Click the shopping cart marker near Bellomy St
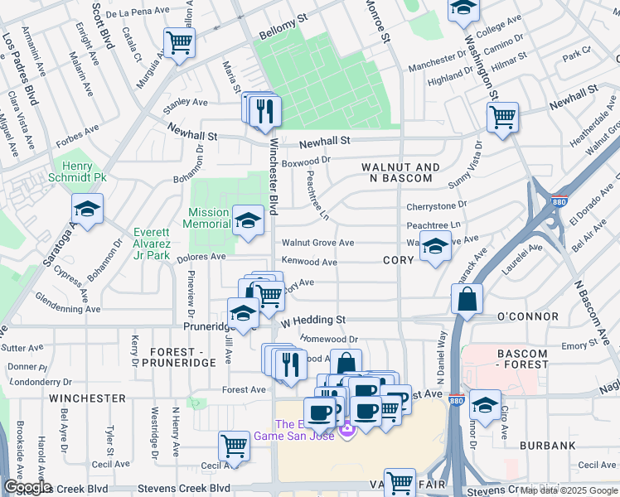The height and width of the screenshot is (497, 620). pos(179,42)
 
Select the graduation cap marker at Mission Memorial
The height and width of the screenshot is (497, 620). pos(246,220)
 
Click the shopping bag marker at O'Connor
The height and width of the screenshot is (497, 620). pos(467,299)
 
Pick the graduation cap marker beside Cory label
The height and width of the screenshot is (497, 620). pos(435,246)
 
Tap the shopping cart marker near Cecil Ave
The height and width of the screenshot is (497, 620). pos(235,446)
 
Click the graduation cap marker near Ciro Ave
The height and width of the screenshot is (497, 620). pos(485,405)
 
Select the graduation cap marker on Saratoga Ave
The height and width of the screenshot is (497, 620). pos(87,210)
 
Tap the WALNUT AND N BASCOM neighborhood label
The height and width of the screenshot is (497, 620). pos(400,172)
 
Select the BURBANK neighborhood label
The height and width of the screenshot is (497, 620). pos(548,446)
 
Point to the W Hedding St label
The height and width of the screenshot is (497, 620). pos(312,320)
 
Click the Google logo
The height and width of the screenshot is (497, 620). pos(27,487)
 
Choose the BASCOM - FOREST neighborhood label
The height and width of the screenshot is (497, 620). pos(521,359)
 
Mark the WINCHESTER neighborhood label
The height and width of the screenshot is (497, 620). pos(86,398)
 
